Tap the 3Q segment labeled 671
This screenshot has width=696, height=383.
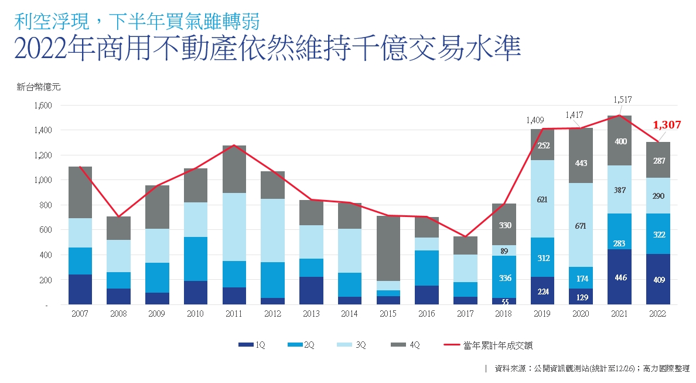[581, 225]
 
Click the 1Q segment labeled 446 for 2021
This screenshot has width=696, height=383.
[619, 277]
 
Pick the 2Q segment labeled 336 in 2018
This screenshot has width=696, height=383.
[504, 277]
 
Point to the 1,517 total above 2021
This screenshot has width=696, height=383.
[622, 100]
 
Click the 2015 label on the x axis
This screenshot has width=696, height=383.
[387, 314]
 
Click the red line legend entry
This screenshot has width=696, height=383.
[490, 345]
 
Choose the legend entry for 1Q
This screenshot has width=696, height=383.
[252, 345]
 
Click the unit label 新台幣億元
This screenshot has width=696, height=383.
[38, 87]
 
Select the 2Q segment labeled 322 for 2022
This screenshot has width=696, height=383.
[657, 234]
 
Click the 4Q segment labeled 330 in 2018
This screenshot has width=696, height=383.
[504, 225]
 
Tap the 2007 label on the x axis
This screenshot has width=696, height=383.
[80, 314]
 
